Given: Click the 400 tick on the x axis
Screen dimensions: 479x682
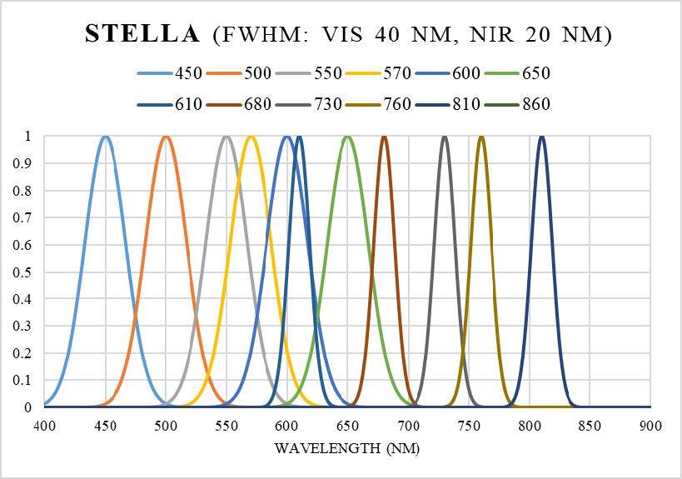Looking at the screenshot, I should pos(44,426).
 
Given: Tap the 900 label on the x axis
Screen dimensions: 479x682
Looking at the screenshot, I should pos(650,426).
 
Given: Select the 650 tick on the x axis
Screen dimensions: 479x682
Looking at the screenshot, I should pos(347,426).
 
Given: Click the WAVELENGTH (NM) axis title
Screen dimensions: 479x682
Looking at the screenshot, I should pos(347,449).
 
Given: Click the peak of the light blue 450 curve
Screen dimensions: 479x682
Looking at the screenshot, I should pos(105,137).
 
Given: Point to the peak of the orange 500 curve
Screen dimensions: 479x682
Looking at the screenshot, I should pos(166,137).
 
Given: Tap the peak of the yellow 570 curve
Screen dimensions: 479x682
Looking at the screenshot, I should pos(251,137).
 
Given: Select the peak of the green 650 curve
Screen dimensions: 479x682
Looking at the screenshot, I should pos(347,137).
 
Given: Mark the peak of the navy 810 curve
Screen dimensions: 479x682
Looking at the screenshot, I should pos(542,137).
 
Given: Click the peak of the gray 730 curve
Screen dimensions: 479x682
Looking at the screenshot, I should pos(445,137).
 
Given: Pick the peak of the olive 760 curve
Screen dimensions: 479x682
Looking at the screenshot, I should pos(481,137).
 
